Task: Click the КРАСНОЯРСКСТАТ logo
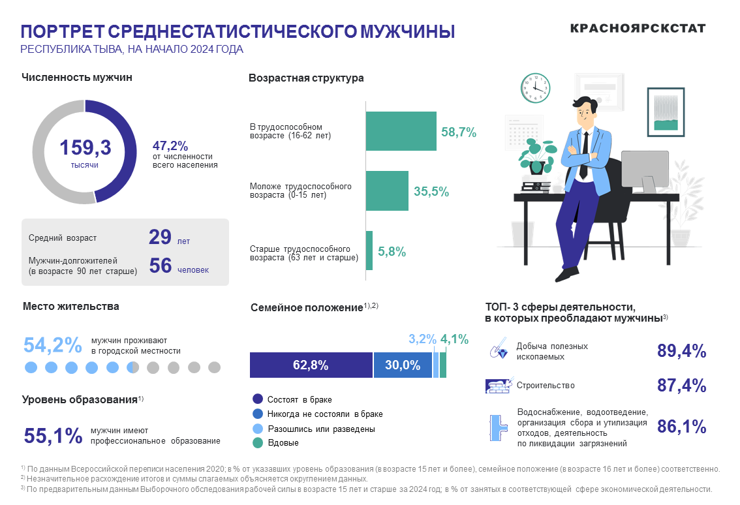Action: pos(638,28)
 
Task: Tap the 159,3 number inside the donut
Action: pos(85,148)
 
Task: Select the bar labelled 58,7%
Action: pos(401,131)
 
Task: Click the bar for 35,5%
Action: pos(387,191)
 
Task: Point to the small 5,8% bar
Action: pos(369,251)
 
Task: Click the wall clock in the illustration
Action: pos(536,87)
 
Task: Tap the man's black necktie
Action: pos(585,154)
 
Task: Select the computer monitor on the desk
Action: pos(644,172)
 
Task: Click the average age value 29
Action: pos(160,237)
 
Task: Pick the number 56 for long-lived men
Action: pos(160,266)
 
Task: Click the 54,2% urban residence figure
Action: pos(53,345)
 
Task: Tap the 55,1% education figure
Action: pos(53,435)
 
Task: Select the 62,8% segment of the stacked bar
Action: pos(311,365)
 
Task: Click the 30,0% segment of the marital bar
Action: pos(402,365)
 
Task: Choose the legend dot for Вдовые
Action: pos(257,443)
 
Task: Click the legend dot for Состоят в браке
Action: pos(257,399)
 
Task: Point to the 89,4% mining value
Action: pos(681,351)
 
